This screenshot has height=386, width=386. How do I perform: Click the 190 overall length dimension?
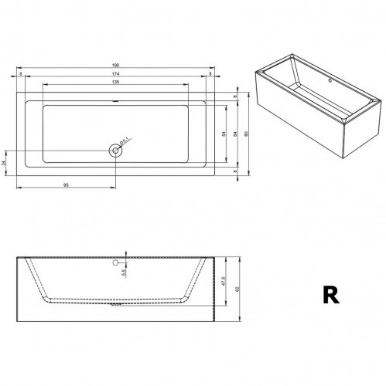tap(116, 66)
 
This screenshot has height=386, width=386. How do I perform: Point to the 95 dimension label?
tap(67, 185)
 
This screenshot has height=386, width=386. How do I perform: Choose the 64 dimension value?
tap(234, 134)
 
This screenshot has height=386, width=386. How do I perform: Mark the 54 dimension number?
tap(224, 134)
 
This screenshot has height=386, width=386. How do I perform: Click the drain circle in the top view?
tap(116, 150)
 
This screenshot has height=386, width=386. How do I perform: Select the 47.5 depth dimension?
tap(223, 282)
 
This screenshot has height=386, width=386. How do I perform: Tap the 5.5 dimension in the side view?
tap(124, 273)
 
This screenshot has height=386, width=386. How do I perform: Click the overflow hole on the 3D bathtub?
tap(330, 80)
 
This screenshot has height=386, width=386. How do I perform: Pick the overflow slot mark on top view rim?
tap(116, 100)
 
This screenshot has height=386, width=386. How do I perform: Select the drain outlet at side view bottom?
tap(117, 303)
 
